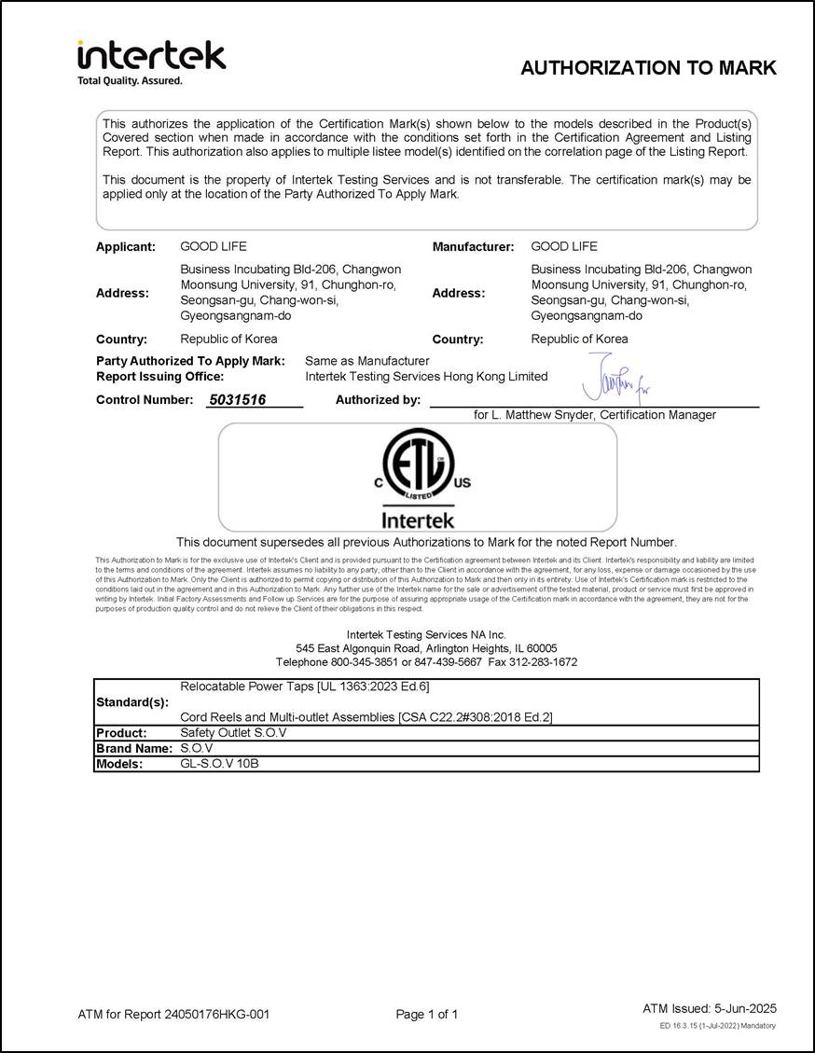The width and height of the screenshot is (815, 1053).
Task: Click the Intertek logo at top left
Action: point(151,59)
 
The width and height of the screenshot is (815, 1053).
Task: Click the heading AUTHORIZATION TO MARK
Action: point(648,68)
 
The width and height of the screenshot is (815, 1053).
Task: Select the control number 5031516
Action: point(238,400)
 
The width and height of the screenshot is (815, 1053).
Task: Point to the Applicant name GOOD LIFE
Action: point(214,247)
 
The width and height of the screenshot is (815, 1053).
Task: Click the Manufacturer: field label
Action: point(473,247)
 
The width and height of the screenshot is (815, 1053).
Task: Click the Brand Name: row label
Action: point(134,748)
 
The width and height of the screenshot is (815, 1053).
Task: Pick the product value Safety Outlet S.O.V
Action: point(233,733)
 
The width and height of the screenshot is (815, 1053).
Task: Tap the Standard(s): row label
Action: point(132,701)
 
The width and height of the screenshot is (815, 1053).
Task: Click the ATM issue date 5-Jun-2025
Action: point(744,1008)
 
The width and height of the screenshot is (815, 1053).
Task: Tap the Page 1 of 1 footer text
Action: point(427,1014)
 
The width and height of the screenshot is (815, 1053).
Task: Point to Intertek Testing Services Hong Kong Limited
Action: point(426,377)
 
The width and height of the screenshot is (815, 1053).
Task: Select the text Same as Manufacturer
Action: point(367,361)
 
